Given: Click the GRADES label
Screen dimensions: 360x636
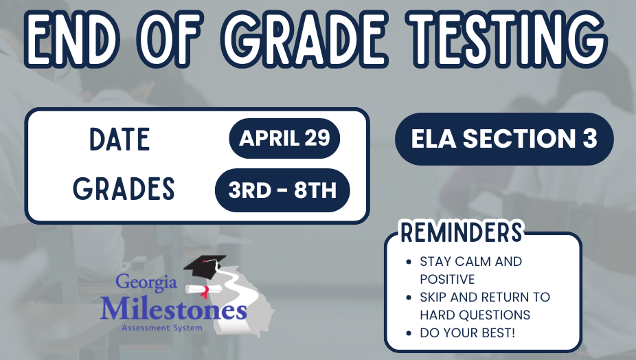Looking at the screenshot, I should [x=124, y=189].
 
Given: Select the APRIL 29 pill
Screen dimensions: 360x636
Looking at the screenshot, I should [x=284, y=138].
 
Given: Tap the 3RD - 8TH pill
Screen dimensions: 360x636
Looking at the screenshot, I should [x=282, y=190].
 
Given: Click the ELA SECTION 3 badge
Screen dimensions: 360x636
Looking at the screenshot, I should [x=503, y=139].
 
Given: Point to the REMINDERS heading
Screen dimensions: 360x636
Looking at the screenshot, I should [x=461, y=232].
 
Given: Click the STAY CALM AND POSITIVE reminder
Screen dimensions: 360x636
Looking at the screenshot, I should [x=470, y=270].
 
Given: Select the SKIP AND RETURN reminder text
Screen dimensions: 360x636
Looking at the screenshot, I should [x=484, y=306].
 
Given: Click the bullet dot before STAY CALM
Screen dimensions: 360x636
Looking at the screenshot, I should [x=409, y=262].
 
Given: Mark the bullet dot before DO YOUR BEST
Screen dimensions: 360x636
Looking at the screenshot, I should [x=409, y=333].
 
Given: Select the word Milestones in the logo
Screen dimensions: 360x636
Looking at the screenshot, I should [x=173, y=308].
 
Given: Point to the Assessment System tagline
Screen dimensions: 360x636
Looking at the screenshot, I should [x=162, y=328].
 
